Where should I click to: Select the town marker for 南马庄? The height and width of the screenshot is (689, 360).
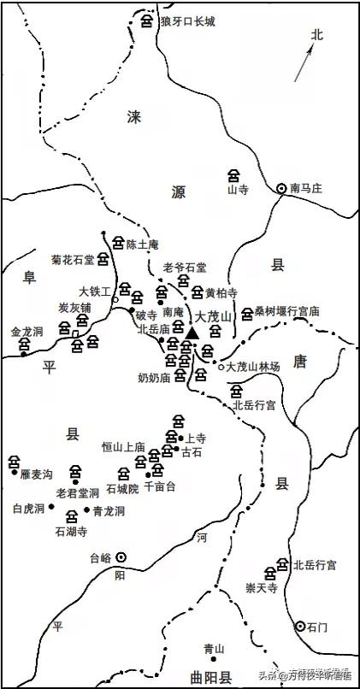[282, 188]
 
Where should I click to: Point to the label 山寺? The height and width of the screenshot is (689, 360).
[236, 191]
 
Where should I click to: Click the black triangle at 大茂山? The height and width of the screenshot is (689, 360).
[192, 331]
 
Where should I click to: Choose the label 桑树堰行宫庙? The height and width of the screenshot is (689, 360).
[286, 313]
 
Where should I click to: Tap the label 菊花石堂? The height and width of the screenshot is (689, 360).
[73, 256]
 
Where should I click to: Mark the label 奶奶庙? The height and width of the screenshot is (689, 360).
[155, 376]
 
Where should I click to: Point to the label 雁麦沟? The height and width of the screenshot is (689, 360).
[38, 472]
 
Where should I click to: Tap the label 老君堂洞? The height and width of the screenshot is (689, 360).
[77, 492]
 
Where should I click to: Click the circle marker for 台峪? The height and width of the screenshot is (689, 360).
[121, 556]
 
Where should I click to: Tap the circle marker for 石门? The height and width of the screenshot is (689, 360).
[300, 627]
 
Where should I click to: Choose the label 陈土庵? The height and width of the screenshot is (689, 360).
[143, 244]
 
